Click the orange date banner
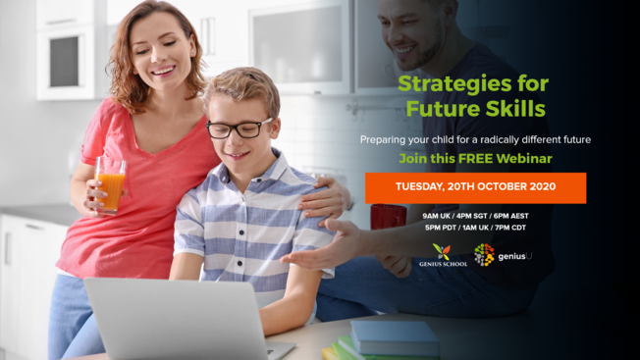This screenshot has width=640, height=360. coord(475,186)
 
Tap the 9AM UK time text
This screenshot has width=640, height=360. coord(439,215)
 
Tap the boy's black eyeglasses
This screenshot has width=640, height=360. coord(240,128)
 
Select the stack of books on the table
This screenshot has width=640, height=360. coord(388,339)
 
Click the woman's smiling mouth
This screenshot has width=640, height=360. coord(162,71)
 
